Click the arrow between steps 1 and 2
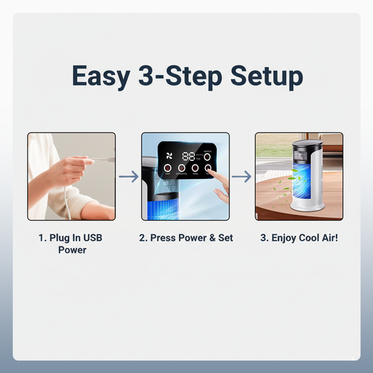(128, 177)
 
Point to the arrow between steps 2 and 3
(242, 177)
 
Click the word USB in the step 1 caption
(93, 238)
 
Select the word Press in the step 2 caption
(164, 238)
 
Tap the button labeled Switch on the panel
(207, 157)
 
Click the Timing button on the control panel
(195, 169)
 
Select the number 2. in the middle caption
(143, 238)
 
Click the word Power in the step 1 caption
(72, 250)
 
